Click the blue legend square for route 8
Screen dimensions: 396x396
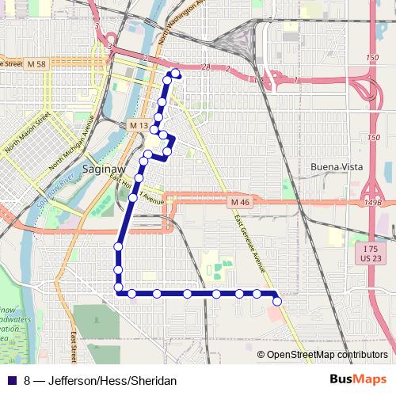11,381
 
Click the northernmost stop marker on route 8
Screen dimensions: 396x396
174,74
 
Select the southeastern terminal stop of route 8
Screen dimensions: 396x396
276,301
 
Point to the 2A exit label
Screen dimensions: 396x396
207,67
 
